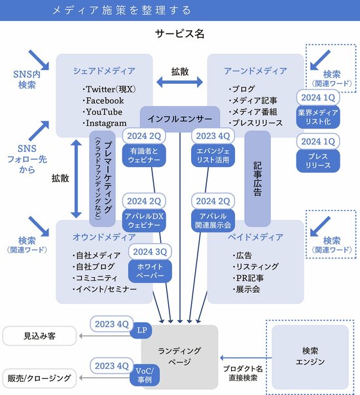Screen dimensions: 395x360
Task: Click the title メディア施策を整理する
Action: click(122, 10)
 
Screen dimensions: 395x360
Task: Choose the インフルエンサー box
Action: click(179, 119)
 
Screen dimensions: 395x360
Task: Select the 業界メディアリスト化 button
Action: click(318, 117)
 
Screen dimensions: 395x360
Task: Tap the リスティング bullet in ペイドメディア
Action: click(256, 267)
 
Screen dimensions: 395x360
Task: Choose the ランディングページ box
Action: click(179, 356)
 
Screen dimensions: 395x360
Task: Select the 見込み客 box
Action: click(40, 336)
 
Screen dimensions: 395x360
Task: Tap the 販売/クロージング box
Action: click(40, 378)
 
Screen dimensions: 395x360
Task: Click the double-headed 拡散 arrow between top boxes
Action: click(179, 83)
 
